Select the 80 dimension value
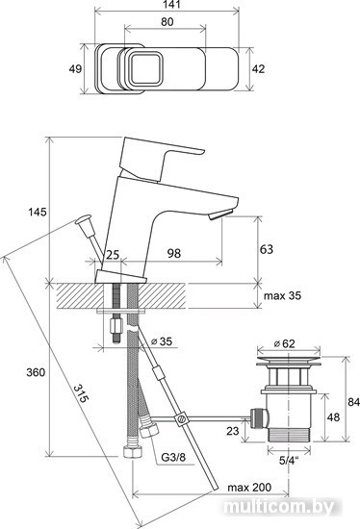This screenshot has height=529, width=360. [x=167, y=22]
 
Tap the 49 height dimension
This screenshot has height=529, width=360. [x=75, y=69]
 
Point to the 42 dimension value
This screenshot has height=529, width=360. [x=258, y=69]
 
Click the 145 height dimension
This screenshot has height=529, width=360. [x=38, y=213]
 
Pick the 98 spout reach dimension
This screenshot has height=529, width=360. [x=174, y=253]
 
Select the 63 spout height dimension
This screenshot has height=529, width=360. [x=266, y=249]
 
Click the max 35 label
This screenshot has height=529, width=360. [x=282, y=296]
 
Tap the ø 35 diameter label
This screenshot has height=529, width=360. [x=161, y=341]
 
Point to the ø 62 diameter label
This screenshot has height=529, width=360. [x=284, y=343]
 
